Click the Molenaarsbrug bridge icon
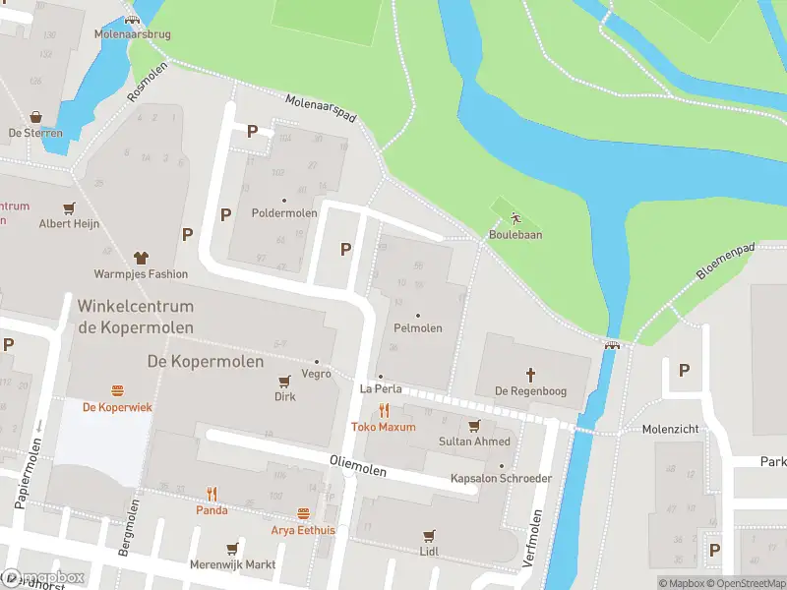tap(132, 20)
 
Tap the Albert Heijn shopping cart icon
tap(69, 208)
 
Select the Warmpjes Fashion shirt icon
tap(140, 258)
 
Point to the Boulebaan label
tap(515, 235)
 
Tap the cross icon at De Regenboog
tap(529, 375)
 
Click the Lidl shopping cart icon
tap(428, 536)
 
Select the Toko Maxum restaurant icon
tap(384, 411)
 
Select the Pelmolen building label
tap(417, 327)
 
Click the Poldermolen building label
tap(284, 212)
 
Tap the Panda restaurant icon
tap(211, 494)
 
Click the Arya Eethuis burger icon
tap(303, 514)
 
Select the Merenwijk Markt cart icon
tap(232, 549)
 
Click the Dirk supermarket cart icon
tap(284, 382)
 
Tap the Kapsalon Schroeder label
tap(501, 479)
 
